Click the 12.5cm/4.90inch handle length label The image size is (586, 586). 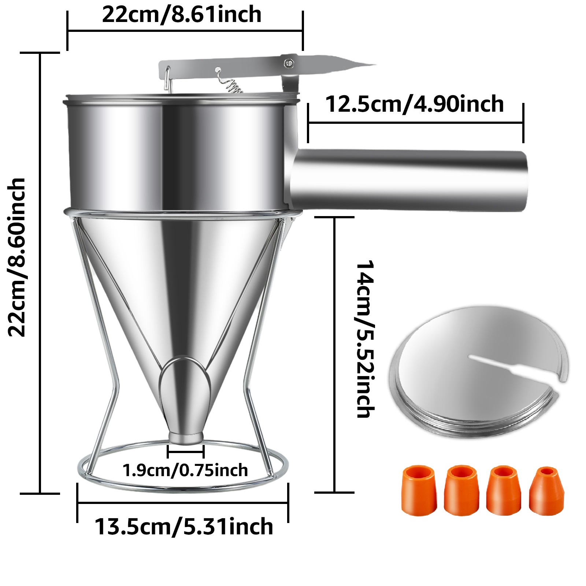(x=414, y=104)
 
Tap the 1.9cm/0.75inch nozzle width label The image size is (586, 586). (x=185, y=470)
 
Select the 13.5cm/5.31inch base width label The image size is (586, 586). (x=184, y=527)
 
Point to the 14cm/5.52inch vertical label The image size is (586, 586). (x=365, y=339)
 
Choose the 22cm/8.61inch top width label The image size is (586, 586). (x=182, y=15)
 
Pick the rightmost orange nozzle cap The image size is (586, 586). (x=546, y=490)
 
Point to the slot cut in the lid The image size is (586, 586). (x=513, y=366)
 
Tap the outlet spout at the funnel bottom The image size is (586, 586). (x=186, y=437)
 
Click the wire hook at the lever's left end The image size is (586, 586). (x=167, y=78)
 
